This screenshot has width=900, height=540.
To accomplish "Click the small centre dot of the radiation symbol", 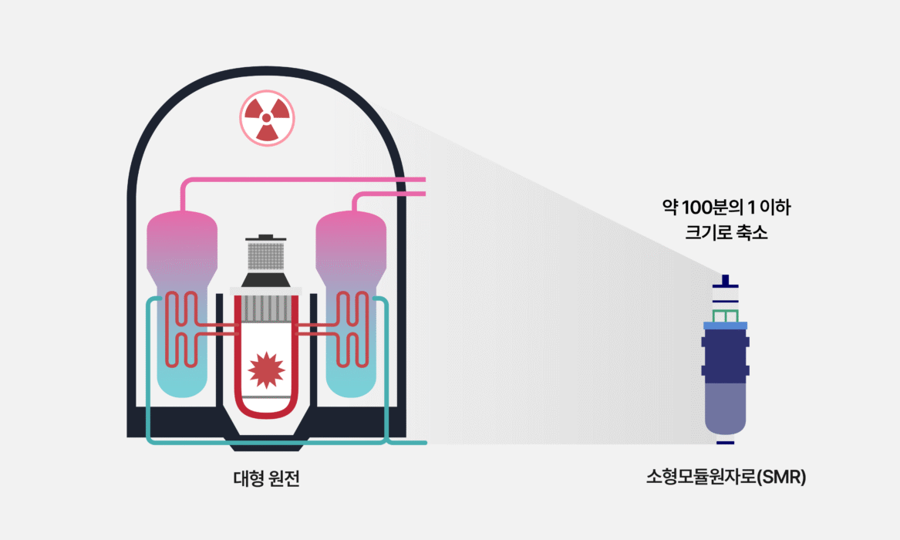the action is click(266, 117).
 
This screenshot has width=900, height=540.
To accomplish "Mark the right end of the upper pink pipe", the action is click(425, 180).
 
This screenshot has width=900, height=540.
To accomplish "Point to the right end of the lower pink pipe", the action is click(425, 194).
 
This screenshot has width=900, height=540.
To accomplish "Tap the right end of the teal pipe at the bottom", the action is click(426, 443).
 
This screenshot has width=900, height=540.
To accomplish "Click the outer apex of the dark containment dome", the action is click(266, 67).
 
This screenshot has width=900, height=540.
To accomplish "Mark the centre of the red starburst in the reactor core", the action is click(266, 370).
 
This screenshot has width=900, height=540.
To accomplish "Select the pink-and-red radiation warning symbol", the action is click(267, 118).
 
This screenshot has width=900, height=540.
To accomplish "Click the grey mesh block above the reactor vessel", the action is click(266, 256).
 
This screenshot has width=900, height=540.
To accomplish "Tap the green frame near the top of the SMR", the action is click(726, 316).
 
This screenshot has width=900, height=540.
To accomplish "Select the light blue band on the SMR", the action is click(726, 326).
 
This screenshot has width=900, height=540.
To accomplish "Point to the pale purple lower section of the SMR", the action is click(726, 408).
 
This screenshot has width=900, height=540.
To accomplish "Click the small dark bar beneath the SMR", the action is click(726, 443).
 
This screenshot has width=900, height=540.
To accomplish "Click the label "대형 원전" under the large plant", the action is click(267, 478).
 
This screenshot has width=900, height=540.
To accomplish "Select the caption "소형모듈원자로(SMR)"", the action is click(726, 477).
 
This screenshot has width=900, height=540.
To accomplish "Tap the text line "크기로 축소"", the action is click(726, 232).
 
